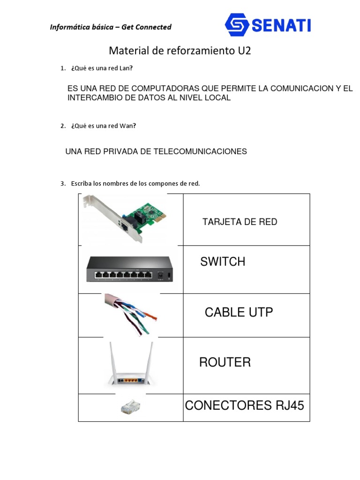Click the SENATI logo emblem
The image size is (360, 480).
237,24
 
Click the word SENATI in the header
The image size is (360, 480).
281,25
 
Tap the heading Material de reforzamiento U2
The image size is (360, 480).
180,51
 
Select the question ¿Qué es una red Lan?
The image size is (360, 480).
102,68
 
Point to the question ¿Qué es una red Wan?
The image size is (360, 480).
104,126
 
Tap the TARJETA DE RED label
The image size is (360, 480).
240,222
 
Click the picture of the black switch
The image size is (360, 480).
129,269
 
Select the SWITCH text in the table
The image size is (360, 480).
223,262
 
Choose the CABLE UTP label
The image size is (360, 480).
239,312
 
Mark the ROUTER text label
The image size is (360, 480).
225,362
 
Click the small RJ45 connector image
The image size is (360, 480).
130,407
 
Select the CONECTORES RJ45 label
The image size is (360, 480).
245,405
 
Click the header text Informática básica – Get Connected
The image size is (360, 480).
111,27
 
